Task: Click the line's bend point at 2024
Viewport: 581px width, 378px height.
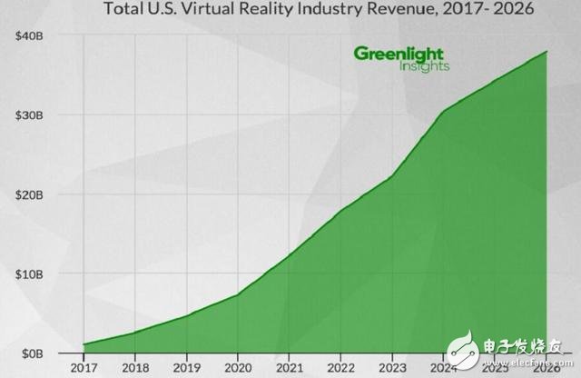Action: [445, 112]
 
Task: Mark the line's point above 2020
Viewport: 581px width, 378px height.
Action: [239, 294]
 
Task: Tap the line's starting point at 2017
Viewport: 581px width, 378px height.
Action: [84, 344]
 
